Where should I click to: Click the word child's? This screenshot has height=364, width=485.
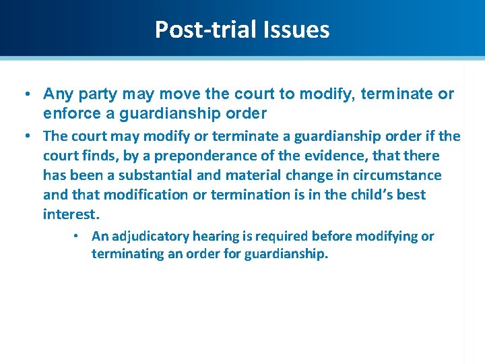[x=367, y=195]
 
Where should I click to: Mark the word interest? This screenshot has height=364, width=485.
[x=71, y=214]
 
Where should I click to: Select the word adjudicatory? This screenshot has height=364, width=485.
[x=150, y=236]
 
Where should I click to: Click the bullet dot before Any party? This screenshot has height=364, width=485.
[x=24, y=94]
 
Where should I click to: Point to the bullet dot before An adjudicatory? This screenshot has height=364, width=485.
[x=78, y=237]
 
